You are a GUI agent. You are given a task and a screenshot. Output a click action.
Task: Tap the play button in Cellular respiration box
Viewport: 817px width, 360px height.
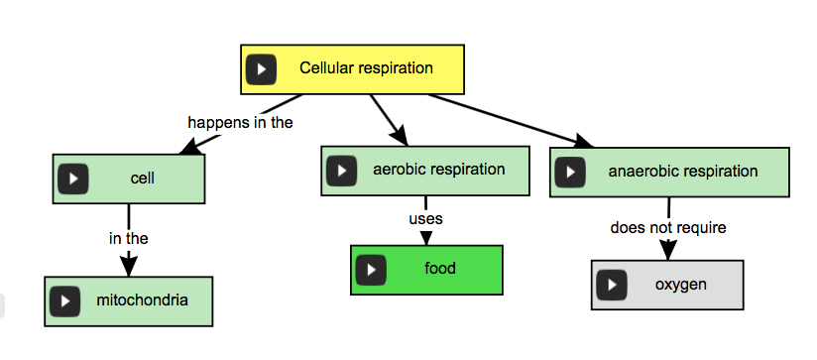[261, 70]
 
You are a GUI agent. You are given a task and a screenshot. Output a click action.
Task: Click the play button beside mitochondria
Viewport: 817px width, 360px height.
[65, 300]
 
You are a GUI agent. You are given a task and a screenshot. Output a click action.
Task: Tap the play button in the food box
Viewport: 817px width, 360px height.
[371, 269]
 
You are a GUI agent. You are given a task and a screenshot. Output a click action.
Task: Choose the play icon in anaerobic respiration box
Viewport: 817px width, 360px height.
[569, 172]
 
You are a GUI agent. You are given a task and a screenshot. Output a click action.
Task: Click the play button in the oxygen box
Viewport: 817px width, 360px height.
[612, 286]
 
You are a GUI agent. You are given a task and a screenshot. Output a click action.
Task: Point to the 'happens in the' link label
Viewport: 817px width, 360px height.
[240, 123]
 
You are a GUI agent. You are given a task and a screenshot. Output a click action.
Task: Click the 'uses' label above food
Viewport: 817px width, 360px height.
[425, 218]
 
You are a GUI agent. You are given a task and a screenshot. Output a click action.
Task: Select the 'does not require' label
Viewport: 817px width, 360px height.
[667, 228]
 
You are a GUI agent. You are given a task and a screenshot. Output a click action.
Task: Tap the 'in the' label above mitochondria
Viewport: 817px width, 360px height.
[128, 238]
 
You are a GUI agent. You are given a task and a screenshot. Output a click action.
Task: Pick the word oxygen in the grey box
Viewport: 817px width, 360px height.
[680, 285]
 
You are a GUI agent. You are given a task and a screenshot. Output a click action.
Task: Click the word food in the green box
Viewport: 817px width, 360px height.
[440, 268]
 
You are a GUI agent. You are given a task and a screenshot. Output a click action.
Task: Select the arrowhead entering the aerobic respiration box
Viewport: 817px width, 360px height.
[400, 138]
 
